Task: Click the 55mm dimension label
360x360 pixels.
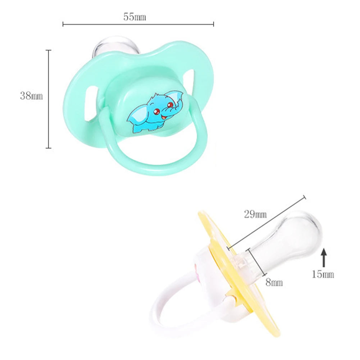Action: coord(135,17)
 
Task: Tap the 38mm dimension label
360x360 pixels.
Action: coord(31,96)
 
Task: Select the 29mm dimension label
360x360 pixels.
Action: coord(255,214)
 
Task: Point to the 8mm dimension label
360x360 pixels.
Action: coord(274,282)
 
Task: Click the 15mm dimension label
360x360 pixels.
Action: coord(323,274)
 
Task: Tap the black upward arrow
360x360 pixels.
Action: coord(324,258)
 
